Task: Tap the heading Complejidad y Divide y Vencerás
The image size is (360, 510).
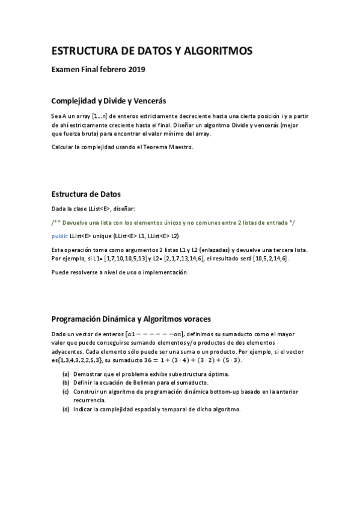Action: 109,100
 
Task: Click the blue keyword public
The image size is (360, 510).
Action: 59,235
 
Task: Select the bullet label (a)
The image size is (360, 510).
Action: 65,373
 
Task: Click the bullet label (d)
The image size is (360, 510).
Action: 65,409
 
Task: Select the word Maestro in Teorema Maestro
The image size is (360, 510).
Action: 181,147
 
